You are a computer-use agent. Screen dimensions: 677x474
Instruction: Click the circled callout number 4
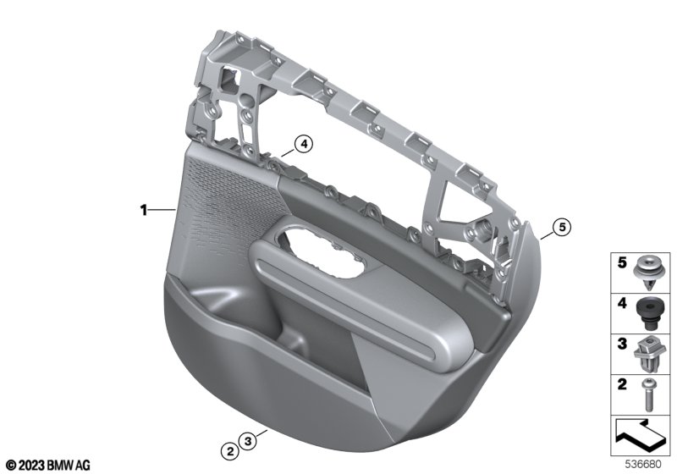[x=304, y=144]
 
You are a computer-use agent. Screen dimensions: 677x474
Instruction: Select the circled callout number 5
[x=562, y=227]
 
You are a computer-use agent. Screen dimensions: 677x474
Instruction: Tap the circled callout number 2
[x=230, y=451]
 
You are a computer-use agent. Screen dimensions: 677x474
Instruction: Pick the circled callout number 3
[x=248, y=441]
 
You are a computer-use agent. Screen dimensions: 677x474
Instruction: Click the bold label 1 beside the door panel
[x=144, y=211]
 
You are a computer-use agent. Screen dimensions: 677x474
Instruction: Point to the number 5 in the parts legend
[x=622, y=262]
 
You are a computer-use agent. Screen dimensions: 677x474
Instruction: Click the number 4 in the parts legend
[x=622, y=303]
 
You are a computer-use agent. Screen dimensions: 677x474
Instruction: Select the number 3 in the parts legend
[x=622, y=344]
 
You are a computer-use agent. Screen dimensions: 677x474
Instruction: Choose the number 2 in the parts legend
[x=622, y=383]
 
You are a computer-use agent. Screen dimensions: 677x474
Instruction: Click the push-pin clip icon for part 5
[x=647, y=273]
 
